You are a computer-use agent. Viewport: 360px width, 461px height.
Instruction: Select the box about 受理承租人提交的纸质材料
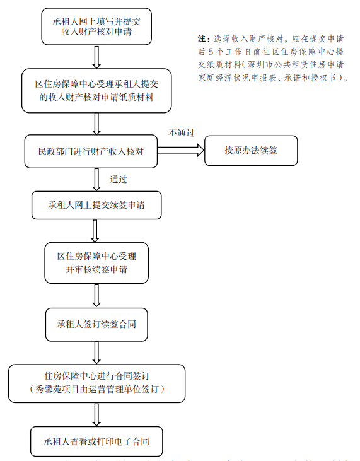click(x=96, y=90)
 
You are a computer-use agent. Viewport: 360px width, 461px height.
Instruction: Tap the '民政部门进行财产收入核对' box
click(x=92, y=151)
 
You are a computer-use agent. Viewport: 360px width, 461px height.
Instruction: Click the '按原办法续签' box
click(x=251, y=151)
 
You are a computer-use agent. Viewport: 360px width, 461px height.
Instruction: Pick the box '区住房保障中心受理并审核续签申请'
click(x=96, y=262)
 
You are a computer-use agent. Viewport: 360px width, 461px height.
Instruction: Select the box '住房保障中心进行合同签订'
click(x=96, y=383)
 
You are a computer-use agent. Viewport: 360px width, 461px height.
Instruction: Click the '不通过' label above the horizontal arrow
click(x=182, y=133)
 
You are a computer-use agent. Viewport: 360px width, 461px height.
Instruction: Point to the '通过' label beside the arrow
click(x=119, y=179)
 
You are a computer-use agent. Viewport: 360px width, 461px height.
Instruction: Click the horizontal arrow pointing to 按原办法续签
click(x=181, y=151)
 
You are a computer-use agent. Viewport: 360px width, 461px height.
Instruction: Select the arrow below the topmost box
click(x=96, y=57)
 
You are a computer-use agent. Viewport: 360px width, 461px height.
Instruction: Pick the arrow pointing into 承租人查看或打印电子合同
click(x=96, y=414)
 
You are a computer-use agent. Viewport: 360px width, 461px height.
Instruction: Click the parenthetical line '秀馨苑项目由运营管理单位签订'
click(x=96, y=390)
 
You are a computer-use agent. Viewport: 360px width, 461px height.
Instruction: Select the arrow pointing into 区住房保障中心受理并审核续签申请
click(x=96, y=231)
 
